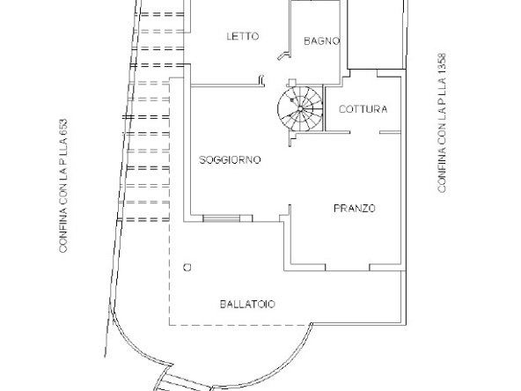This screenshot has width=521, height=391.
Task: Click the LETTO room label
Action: click(242, 37)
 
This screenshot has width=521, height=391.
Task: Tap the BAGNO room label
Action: click(321, 41)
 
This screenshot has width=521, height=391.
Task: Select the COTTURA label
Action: click(363, 109)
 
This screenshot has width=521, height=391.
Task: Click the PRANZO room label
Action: click(355, 209)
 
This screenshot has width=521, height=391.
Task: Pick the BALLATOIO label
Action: click(247, 304)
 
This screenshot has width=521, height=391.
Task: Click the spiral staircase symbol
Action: click(297, 108)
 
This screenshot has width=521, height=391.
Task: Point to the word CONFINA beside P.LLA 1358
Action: click(442, 173)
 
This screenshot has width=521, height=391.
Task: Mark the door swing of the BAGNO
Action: click(283, 54)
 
